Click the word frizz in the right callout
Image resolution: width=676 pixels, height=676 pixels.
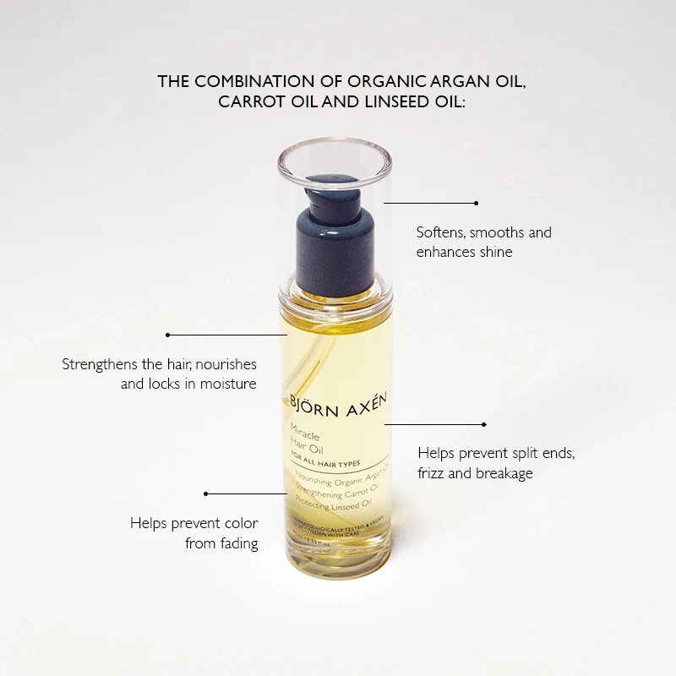pyautogui.click(x=434, y=473)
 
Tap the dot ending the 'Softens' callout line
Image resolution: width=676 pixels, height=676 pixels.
pyautogui.click(x=477, y=203)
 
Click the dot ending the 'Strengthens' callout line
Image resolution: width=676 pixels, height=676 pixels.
pyautogui.click(x=168, y=335)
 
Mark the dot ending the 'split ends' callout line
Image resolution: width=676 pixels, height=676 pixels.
pyautogui.click(x=484, y=424)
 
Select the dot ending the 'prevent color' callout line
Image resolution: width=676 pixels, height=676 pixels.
pyautogui.click(x=205, y=492)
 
